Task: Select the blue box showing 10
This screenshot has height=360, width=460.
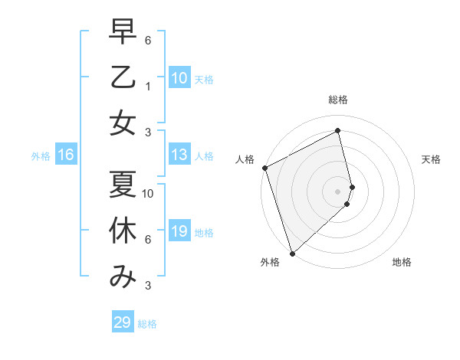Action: [x=179, y=78]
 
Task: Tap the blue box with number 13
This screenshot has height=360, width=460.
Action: [x=179, y=155]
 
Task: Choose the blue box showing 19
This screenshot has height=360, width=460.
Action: [x=179, y=231]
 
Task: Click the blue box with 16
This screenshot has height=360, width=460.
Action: [x=65, y=155]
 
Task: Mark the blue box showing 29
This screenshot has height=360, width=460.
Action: [x=122, y=322]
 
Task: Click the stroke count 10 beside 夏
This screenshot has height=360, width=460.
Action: [x=149, y=194]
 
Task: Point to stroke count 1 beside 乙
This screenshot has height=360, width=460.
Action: [x=148, y=87]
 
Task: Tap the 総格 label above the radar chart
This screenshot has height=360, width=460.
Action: [x=338, y=100]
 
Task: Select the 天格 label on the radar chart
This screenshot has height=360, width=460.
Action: [x=432, y=159]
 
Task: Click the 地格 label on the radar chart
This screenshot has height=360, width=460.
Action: [x=402, y=262]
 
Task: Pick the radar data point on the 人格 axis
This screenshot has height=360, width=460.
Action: [x=264, y=168]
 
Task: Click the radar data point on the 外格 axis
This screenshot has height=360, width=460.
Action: [x=292, y=253]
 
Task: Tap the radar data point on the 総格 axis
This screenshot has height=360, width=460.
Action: [x=338, y=131]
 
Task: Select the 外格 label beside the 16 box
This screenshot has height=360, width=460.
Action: [x=41, y=155]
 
